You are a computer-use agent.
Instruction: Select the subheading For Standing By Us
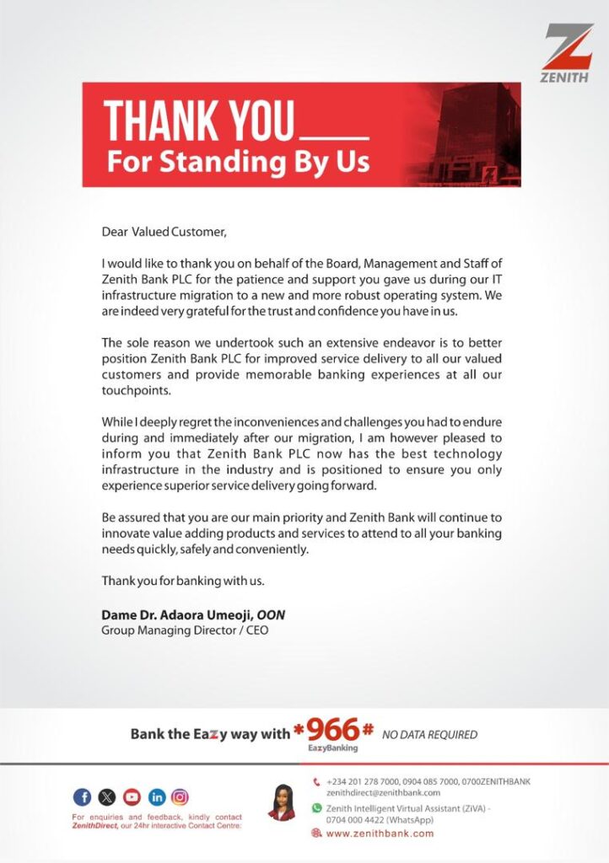tap(238, 162)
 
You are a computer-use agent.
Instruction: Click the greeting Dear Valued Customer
tap(164, 231)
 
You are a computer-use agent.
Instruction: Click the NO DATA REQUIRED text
tap(429, 735)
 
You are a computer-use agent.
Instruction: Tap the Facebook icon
tap(83, 796)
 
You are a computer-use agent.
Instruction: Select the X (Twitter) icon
tap(107, 796)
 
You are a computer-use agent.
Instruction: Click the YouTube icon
tap(132, 796)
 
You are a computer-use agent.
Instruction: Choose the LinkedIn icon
tap(156, 796)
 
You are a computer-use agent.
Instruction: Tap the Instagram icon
tap(181, 796)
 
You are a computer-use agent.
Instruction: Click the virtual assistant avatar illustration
tap(280, 802)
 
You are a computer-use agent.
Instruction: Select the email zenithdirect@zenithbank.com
tap(383, 793)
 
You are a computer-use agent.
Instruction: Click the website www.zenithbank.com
tap(380, 834)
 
